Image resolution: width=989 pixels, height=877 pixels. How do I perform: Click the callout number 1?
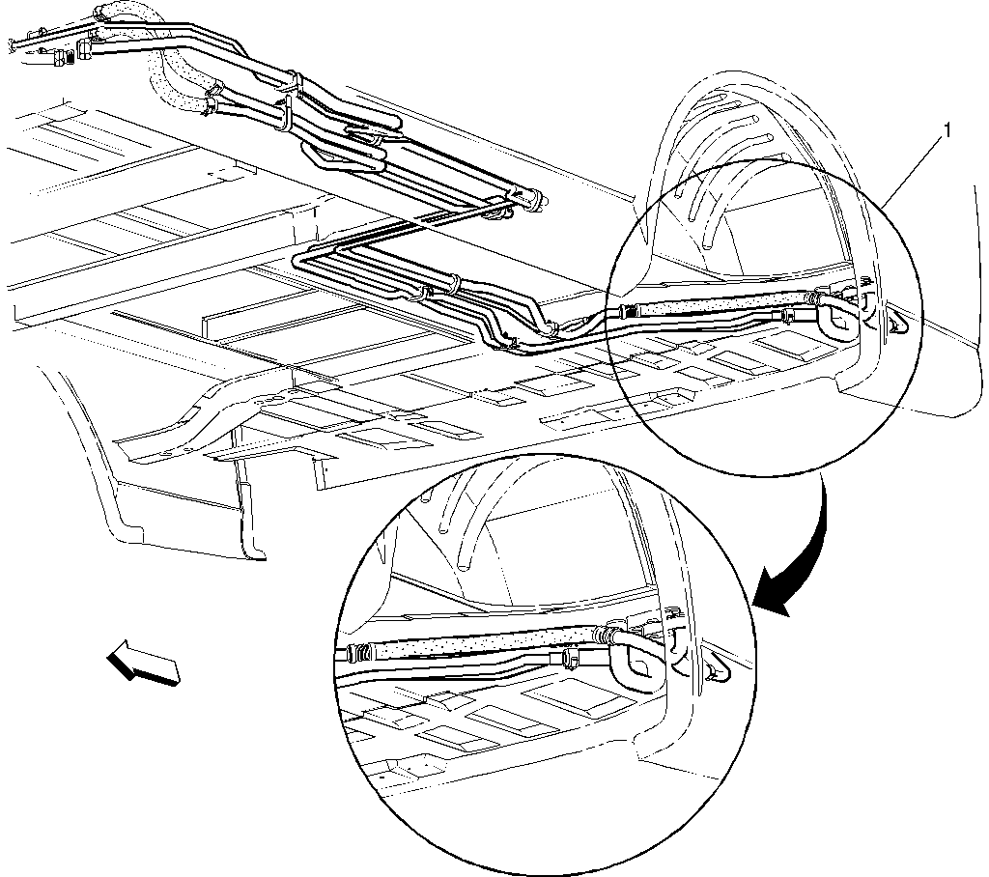[947, 130]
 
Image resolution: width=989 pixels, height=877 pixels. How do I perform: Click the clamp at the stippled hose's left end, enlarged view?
[357, 654]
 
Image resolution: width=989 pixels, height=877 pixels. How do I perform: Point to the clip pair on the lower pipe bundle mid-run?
[441, 285]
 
